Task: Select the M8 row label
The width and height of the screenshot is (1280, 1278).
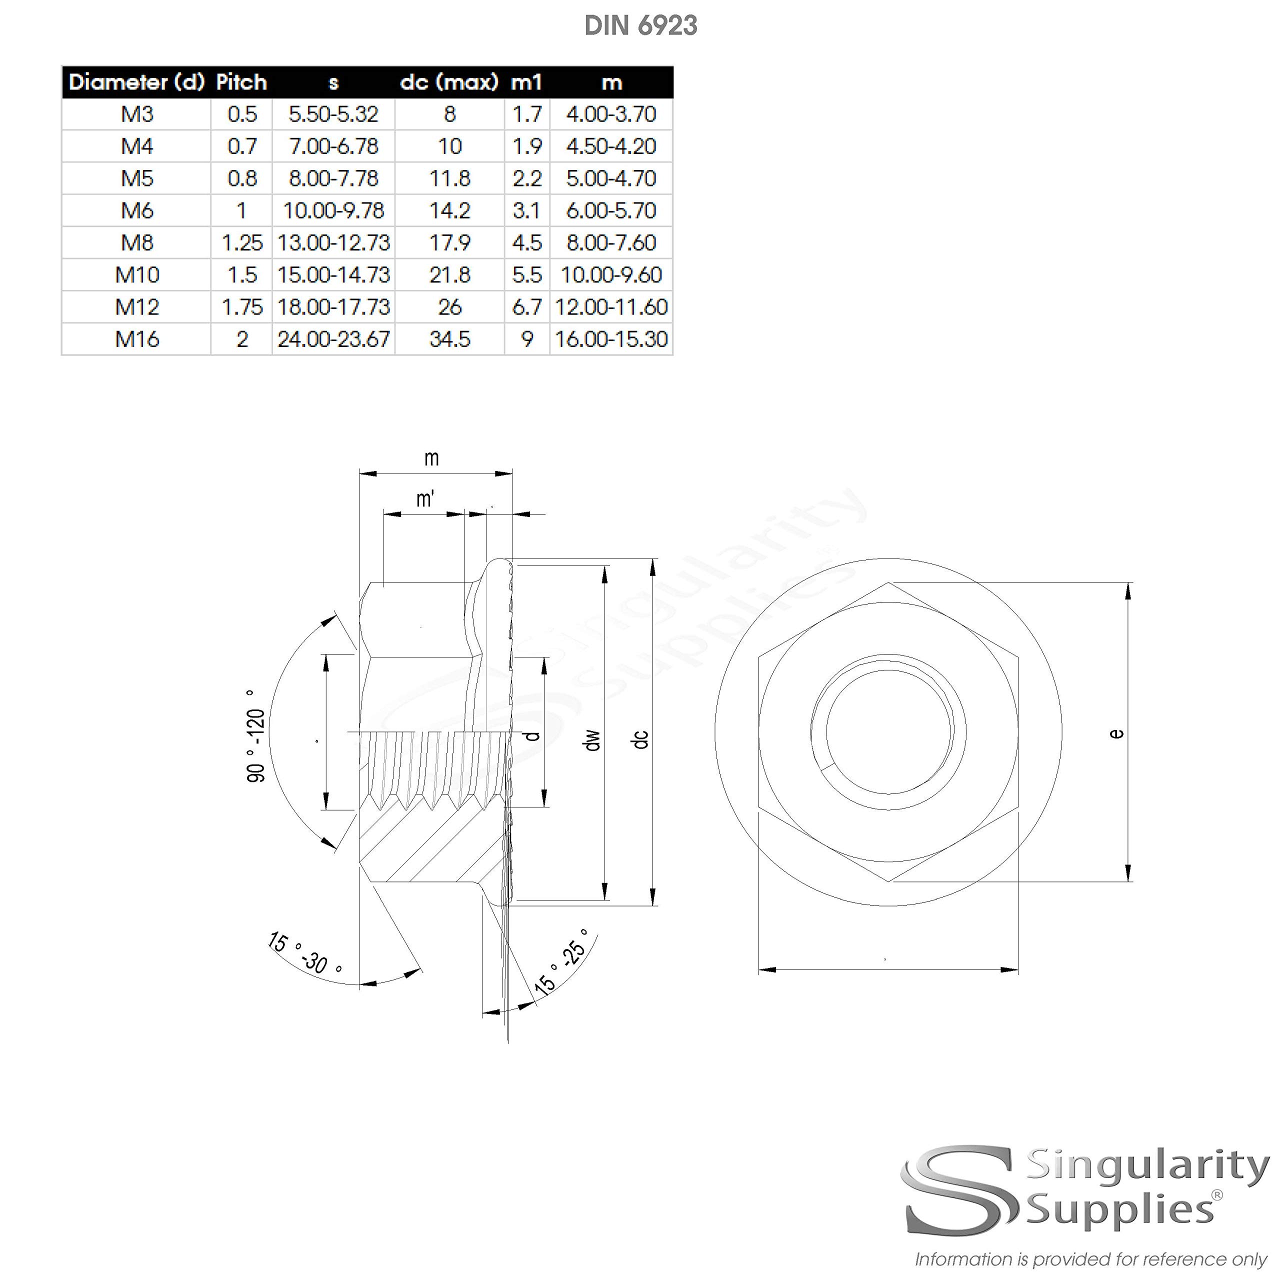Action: click(x=137, y=242)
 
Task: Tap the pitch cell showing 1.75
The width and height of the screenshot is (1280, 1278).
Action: click(x=242, y=306)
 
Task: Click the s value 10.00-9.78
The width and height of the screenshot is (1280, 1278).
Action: click(x=333, y=210)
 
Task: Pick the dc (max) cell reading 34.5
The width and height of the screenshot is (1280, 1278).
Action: click(x=450, y=339)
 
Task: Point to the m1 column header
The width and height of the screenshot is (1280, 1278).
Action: click(x=526, y=82)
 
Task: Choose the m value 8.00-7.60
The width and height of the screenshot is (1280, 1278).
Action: click(x=611, y=242)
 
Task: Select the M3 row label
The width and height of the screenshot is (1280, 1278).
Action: click(x=137, y=114)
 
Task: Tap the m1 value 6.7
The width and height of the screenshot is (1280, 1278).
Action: click(x=526, y=306)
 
